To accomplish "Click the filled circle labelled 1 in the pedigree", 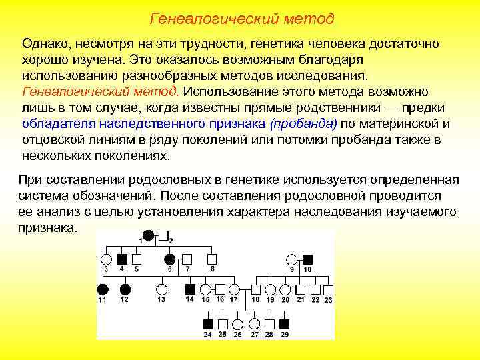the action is click(148, 235).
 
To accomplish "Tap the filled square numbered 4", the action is click(123, 259).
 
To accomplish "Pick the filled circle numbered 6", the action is click(171, 259).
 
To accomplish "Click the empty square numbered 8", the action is click(212, 259).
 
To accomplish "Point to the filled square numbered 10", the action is click(307, 259).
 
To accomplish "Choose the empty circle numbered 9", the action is click(291, 259).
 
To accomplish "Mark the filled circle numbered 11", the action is click(103, 289).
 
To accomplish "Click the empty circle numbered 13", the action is click(161, 289).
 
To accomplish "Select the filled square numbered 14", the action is click(190, 289).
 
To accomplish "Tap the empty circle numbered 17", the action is click(234, 289).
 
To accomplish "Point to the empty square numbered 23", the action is click(328, 289).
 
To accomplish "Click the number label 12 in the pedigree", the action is click(124, 300).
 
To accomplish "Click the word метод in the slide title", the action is click(307, 19).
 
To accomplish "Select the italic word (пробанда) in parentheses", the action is click(304, 123).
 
